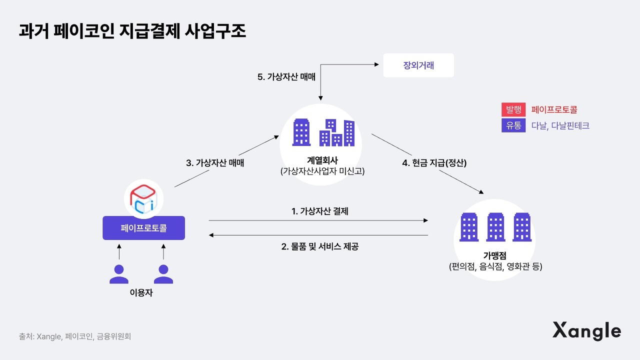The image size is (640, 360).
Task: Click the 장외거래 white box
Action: click(418, 65)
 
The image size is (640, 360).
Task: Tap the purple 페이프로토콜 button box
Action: click(143, 228)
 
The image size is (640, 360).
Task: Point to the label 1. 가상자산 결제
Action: click(320, 211)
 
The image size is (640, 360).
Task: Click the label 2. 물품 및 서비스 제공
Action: click(320, 246)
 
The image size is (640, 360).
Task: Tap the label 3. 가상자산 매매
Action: click(215, 162)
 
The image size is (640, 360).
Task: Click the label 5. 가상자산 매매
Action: click(286, 77)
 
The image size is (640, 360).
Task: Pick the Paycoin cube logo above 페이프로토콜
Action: click(143, 197)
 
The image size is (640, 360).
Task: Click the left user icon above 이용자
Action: click(119, 273)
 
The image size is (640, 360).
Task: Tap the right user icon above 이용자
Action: click(163, 273)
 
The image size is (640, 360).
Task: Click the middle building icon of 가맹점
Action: click(495, 227)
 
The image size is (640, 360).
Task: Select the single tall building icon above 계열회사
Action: click(301, 132)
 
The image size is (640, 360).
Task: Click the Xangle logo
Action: click(586, 331)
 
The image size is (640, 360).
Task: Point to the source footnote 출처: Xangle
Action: click(75, 336)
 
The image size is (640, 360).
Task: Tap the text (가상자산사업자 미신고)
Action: click(321, 171)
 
